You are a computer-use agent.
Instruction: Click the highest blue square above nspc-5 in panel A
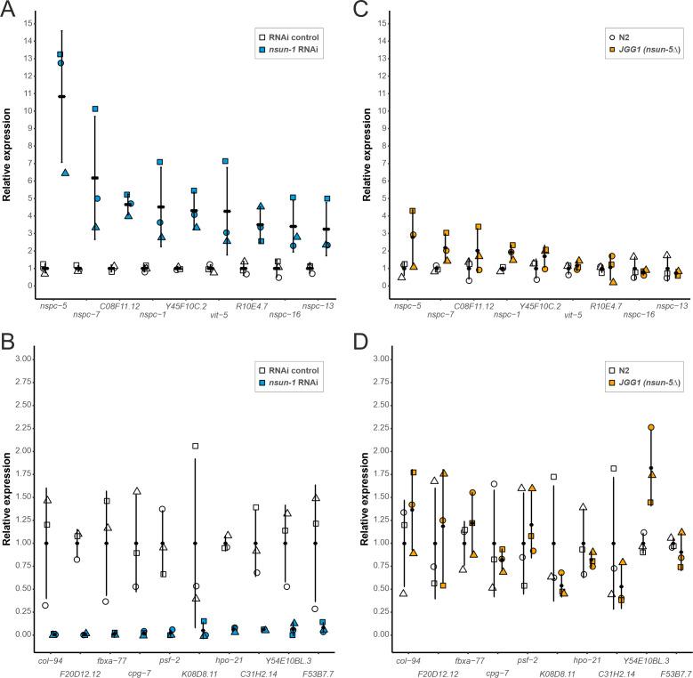pos(60,54)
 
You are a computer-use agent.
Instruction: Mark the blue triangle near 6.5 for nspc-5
pos(66,173)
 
